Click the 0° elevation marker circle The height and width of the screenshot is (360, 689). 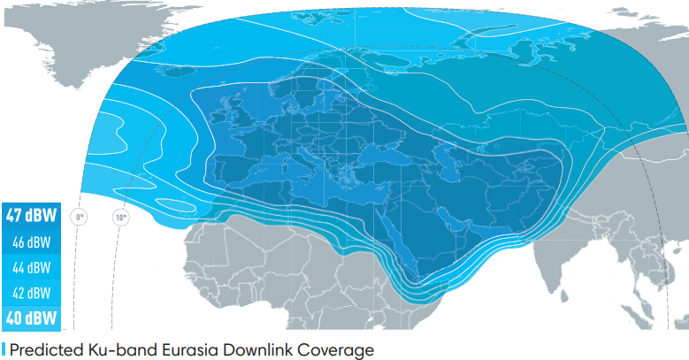(x=80, y=216)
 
